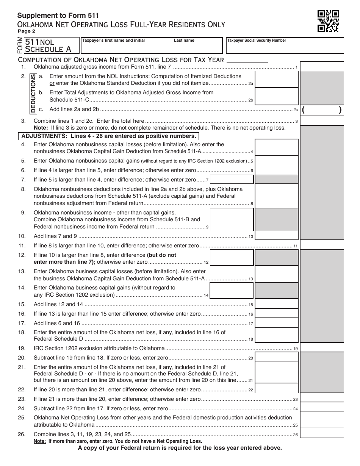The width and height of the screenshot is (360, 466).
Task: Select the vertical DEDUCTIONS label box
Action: (x=33, y=93)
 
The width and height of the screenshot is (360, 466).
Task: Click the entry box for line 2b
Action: (x=276, y=95)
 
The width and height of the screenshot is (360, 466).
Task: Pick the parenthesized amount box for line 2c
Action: (x=322, y=110)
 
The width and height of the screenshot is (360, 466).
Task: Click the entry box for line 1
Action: (x=322, y=66)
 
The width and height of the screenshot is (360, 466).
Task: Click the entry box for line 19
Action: (x=322, y=347)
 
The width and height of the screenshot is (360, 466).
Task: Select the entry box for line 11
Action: (x=322, y=245)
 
